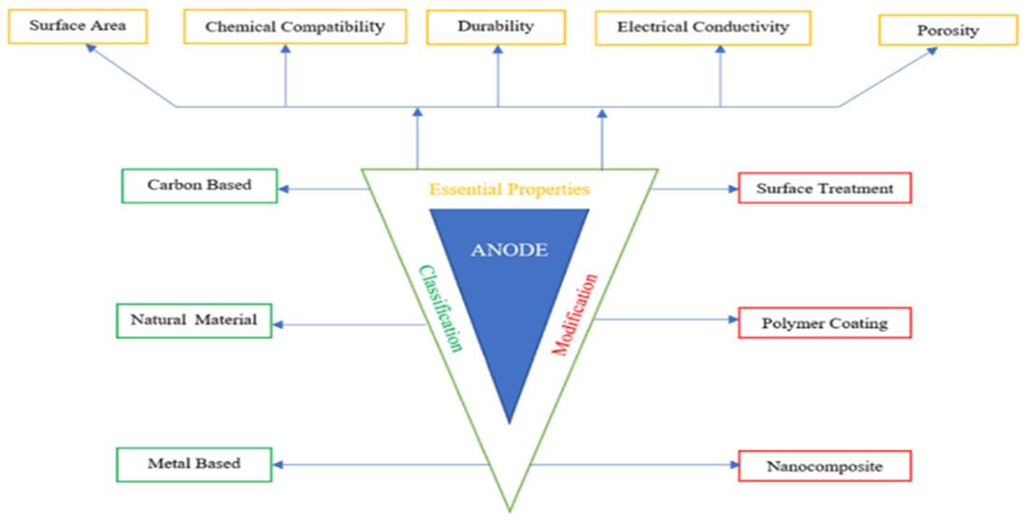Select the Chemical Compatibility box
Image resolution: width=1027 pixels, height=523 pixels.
(295, 26)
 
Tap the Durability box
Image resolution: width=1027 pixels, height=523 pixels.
(497, 26)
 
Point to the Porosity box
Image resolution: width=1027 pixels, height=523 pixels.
(947, 31)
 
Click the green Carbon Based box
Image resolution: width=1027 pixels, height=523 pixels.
(199, 185)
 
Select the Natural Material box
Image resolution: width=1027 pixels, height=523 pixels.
(193, 321)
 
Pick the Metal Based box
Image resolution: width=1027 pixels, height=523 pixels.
(193, 463)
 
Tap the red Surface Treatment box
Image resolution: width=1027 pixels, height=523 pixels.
(823, 188)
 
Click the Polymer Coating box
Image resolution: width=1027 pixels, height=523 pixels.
(823, 323)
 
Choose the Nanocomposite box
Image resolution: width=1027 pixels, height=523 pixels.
(823, 465)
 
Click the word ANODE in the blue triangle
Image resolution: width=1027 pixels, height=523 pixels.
(509, 249)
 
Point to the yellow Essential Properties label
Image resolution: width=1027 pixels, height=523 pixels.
(509, 190)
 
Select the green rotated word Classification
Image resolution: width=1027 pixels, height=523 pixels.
(441, 308)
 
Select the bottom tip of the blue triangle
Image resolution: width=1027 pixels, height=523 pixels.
(509, 422)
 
